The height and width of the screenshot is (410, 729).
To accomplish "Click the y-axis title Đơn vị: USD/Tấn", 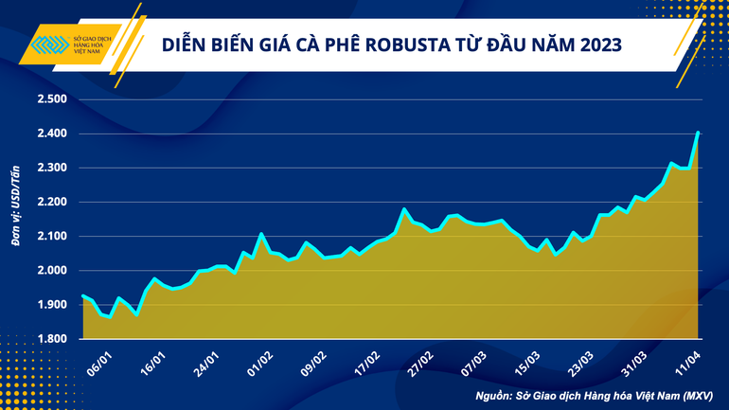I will point(16,206).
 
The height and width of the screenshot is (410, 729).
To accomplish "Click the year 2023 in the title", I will point(596,45).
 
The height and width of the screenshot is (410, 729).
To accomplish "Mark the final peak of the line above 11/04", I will point(698,134).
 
